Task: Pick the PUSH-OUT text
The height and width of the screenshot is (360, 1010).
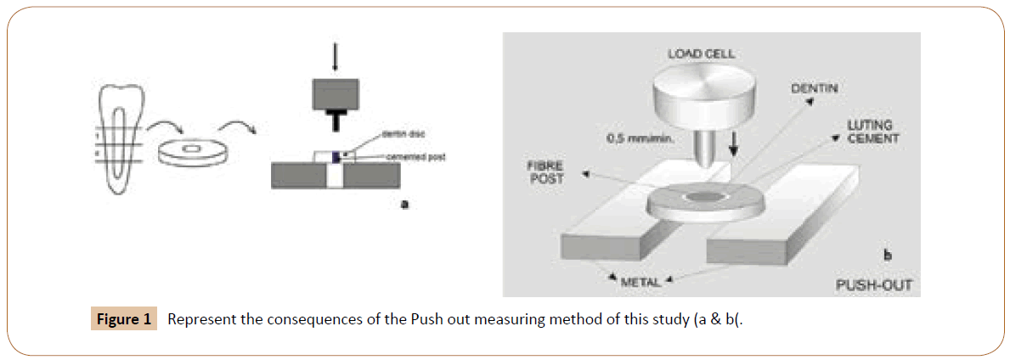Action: pyautogui.click(x=869, y=284)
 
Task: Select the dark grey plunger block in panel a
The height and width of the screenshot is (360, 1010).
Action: pyautogui.click(x=334, y=94)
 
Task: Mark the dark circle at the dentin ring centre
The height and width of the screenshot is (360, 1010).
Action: pyautogui.click(x=704, y=196)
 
